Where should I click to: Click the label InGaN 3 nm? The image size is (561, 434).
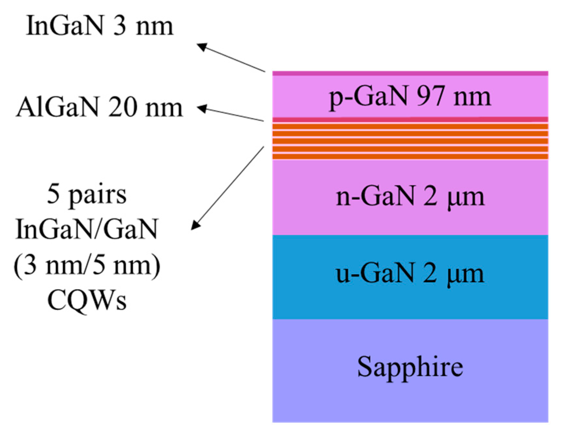point(99,26)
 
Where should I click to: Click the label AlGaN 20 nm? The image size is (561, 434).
point(99,108)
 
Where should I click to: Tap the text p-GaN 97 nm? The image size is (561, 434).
point(410,97)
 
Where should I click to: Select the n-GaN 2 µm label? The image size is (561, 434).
point(410,197)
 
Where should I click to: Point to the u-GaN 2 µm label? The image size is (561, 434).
point(410,274)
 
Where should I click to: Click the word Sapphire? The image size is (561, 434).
point(410,367)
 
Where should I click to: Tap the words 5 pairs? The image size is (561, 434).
point(87,195)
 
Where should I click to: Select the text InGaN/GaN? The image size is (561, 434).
point(87,229)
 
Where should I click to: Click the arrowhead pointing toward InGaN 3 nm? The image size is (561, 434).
point(201,46)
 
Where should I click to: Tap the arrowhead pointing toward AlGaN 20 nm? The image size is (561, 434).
point(201,108)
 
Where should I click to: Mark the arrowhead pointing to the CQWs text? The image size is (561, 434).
point(195,225)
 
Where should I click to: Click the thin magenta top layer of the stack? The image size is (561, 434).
point(410,74)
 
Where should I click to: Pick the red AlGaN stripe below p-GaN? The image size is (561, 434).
point(410,120)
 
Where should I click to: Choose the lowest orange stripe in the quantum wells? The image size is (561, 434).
point(410,157)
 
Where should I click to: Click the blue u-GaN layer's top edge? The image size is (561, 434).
point(410,236)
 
